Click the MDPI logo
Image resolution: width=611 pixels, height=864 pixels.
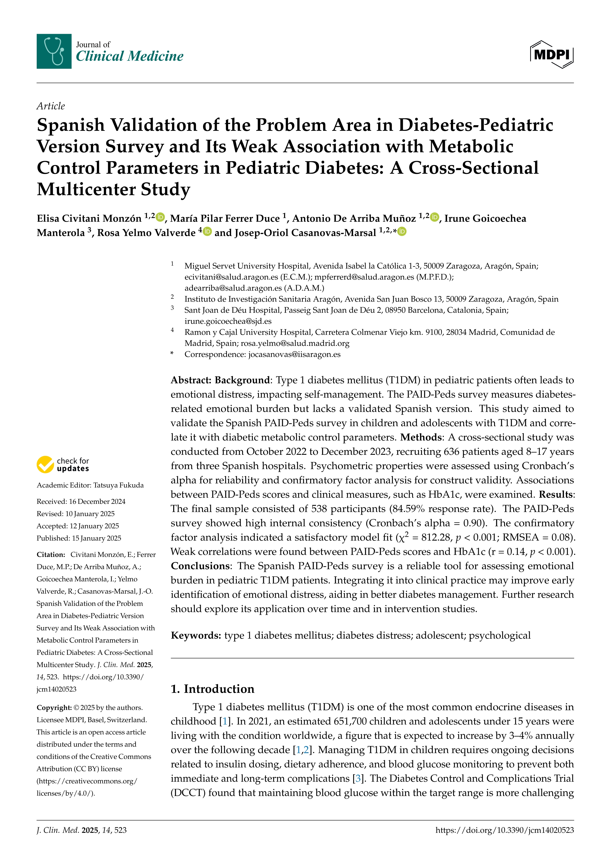(x=552, y=54)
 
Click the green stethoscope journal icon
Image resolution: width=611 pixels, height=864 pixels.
(x=54, y=51)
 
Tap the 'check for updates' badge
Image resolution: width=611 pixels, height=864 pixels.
(x=63, y=464)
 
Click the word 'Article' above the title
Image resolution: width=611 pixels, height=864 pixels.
(x=51, y=106)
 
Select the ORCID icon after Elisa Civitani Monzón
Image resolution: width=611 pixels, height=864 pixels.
(x=161, y=217)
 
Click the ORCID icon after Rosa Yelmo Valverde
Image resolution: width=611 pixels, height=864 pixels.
(x=207, y=231)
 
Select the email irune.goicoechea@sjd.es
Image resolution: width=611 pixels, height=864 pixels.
(x=228, y=321)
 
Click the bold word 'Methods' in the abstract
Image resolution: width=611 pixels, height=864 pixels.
(x=421, y=437)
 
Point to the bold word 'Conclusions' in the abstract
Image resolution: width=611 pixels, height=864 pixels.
(x=200, y=566)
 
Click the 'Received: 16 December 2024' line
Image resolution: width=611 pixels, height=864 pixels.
(x=81, y=502)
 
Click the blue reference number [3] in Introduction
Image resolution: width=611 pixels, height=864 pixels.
(x=358, y=779)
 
